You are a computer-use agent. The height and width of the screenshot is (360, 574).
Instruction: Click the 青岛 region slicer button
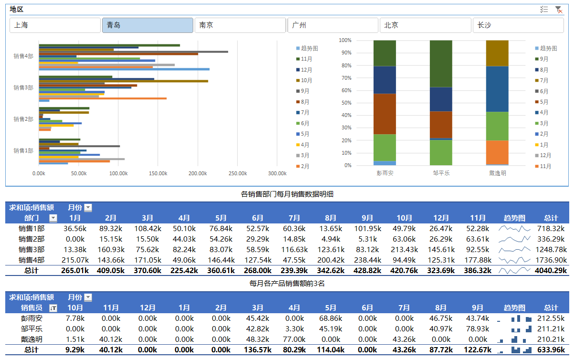[x=147, y=25]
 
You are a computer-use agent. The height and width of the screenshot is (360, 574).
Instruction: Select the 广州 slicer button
[x=333, y=25]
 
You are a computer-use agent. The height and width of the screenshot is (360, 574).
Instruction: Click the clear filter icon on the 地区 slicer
[x=558, y=10]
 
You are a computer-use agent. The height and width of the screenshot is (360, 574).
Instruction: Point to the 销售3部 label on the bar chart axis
[x=23, y=88]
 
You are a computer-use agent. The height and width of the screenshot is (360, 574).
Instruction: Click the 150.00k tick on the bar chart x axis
[x=158, y=173]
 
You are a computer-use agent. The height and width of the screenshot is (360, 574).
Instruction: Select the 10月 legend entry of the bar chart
[x=306, y=80]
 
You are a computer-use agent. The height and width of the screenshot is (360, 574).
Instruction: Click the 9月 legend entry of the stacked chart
[x=544, y=59]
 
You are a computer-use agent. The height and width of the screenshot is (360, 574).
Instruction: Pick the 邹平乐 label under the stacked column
[x=440, y=173]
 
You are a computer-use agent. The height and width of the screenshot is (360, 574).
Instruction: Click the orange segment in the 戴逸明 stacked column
[x=497, y=152]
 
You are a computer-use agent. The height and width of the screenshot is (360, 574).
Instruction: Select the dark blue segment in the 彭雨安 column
[x=385, y=80]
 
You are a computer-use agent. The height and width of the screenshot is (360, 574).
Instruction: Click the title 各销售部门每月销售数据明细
[x=287, y=194]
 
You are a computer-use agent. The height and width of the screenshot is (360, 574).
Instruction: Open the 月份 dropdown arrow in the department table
[x=88, y=208]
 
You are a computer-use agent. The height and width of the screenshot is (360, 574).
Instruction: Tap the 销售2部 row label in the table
[x=31, y=239]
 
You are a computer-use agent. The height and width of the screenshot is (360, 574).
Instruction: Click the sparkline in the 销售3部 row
[x=514, y=249]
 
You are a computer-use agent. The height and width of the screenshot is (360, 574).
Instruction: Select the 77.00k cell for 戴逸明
[x=294, y=339]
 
